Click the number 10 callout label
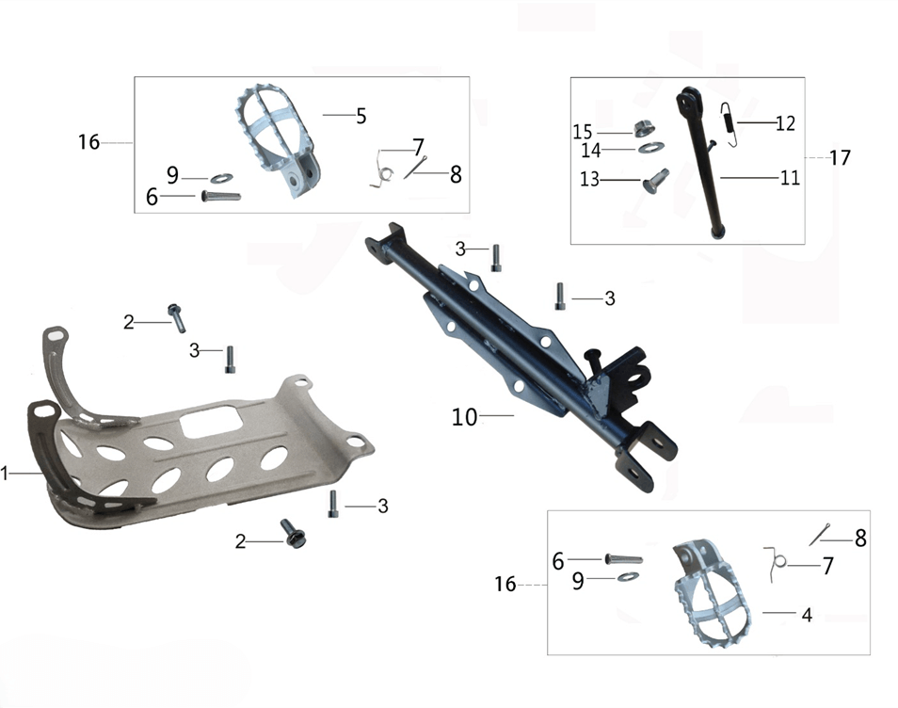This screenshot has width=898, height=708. click(464, 417)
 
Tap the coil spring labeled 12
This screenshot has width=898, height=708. click(728, 124)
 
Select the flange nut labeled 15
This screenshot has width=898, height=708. click(645, 130)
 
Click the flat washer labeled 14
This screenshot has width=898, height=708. click(651, 148)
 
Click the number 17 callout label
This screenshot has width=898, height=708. click(840, 157)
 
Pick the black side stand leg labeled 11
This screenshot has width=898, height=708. click(701, 162)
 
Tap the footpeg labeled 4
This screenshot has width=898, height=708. click(711, 593)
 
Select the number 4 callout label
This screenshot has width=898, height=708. click(807, 615)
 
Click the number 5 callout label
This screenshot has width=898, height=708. click(361, 117)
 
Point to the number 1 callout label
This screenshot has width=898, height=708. click(5, 474)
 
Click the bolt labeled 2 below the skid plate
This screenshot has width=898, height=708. click(294, 533)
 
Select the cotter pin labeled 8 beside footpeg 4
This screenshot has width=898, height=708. click(820, 535)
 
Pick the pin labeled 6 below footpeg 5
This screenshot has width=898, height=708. click(221, 196)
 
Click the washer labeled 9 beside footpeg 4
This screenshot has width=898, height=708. click(628, 576)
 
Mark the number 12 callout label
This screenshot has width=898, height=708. click(785, 123)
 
